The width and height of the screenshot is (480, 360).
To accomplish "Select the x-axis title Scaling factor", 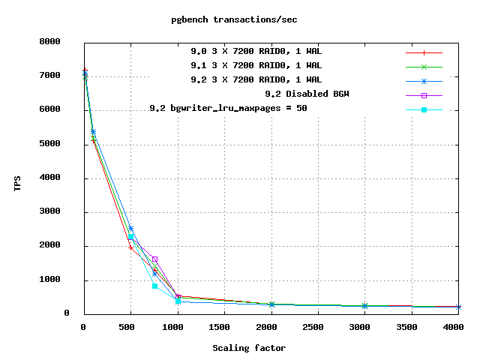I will click(249, 348).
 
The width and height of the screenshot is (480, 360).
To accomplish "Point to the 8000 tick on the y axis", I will click(60, 41).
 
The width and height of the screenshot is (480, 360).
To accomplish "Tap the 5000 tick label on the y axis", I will click(60, 143).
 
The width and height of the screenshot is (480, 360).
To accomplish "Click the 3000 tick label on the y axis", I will click(60, 211).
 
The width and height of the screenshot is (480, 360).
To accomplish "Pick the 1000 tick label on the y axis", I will click(60, 280).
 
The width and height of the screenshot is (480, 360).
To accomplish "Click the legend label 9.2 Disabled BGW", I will click(307, 94).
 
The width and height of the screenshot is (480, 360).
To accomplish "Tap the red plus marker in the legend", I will click(424, 53).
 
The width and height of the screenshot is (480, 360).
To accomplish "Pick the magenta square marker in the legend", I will click(424, 95).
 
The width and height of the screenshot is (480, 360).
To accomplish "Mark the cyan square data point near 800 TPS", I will click(154, 286).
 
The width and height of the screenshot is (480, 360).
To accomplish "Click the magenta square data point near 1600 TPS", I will click(154, 259).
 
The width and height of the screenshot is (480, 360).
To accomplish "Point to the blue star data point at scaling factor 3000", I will click(364, 306).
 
